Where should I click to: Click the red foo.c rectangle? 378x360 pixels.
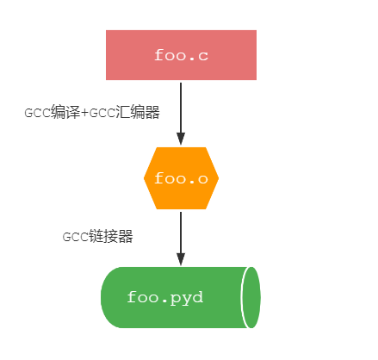pyautogui.click(x=181, y=55)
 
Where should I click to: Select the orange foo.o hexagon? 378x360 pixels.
pyautogui.click(x=181, y=178)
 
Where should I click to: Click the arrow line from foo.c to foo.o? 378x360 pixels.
pyautogui.click(x=181, y=108)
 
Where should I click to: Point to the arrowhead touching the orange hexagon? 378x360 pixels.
pyautogui.click(x=181, y=140)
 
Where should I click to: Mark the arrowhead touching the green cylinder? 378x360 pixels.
pyautogui.click(x=181, y=259)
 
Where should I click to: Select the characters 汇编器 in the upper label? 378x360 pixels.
pyautogui.click(x=141, y=114)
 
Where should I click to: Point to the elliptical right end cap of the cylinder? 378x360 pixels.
pyautogui.click(x=251, y=297)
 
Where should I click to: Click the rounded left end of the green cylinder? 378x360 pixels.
pyautogui.click(x=107, y=297)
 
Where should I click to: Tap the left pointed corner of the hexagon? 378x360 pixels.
pyautogui.click(x=145, y=178)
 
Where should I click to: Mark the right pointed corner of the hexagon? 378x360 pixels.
pyautogui.click(x=218, y=178)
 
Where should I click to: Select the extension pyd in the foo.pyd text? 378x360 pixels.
pyautogui.click(x=189, y=298)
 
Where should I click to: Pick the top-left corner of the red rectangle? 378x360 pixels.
pyautogui.click(x=107, y=31)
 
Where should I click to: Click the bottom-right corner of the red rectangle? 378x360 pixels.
pyautogui.click(x=256, y=79)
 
